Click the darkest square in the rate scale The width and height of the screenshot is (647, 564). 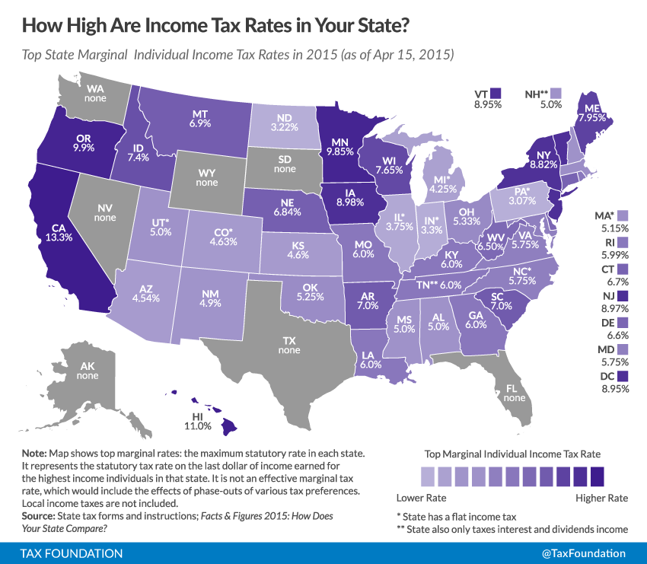point(597,477)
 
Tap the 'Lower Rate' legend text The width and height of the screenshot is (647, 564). point(422,499)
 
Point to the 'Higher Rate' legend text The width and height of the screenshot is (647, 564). point(601,499)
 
